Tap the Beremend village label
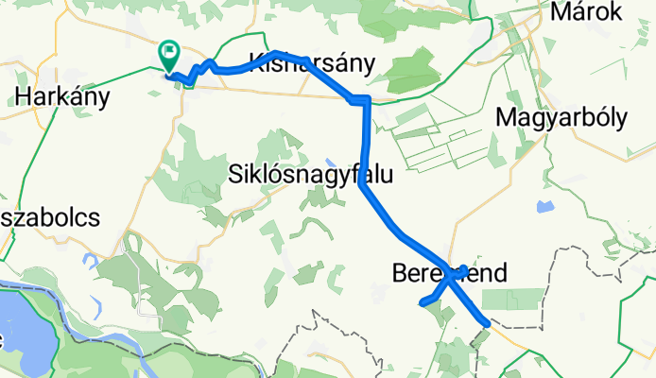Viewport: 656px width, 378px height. (448, 274)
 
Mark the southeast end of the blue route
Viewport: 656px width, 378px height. (487, 323)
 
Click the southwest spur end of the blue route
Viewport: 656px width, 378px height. (421, 303)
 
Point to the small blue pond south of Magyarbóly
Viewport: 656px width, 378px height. (544, 205)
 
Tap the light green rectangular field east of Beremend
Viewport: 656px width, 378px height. (526, 299)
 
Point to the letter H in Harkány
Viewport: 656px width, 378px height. (23, 96)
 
